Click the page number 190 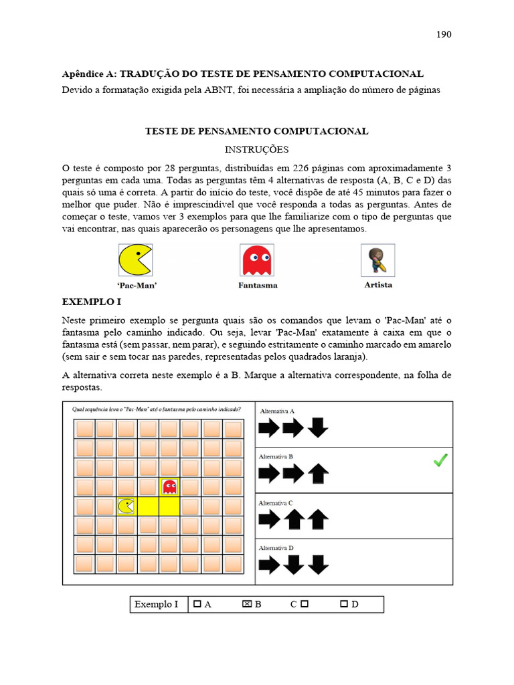444,35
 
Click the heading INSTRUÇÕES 257,149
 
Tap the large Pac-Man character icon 135,260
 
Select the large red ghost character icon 257,260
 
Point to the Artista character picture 377,260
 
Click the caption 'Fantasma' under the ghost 258,285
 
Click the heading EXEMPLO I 91,302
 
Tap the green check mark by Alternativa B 440,460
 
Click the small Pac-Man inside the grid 126,506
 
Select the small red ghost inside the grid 169,486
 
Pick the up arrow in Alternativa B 319,474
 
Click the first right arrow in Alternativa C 269,519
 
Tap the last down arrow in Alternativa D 319,565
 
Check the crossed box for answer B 246,604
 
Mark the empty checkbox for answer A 197,604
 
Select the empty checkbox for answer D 344,604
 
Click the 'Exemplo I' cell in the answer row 157,605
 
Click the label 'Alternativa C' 276,503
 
